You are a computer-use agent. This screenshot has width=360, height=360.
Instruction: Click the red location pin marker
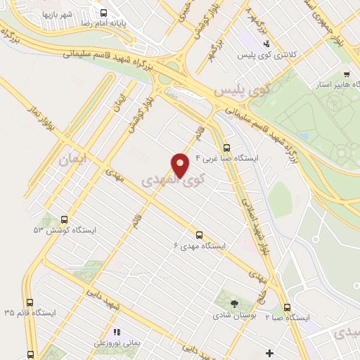click(x=181, y=165)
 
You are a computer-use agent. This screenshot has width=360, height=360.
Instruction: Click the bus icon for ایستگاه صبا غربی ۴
click(x=226, y=148)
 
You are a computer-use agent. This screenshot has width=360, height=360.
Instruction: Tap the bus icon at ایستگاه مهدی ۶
click(x=199, y=235)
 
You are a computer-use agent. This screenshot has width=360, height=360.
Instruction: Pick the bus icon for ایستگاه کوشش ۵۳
click(x=65, y=219)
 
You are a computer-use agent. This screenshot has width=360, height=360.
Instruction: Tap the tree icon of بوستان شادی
click(x=233, y=303)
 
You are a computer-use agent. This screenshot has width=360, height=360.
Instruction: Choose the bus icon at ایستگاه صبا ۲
click(x=287, y=307)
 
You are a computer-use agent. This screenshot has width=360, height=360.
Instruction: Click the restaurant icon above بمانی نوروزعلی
click(x=117, y=332)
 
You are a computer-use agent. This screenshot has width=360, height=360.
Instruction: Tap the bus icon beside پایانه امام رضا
click(x=104, y=13)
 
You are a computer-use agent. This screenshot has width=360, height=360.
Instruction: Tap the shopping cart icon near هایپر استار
click(x=347, y=73)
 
